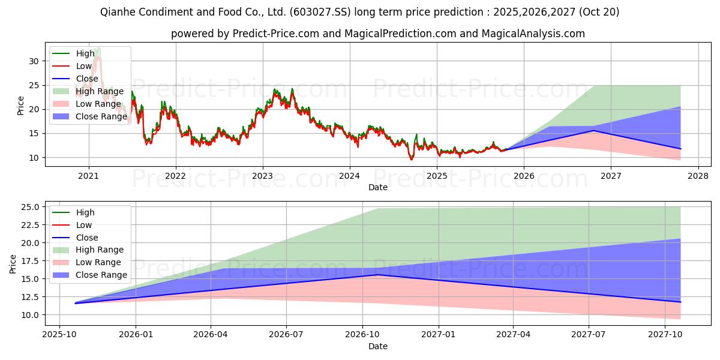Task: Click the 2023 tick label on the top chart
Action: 262,176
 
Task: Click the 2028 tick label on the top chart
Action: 698,176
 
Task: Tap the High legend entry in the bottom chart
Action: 85,212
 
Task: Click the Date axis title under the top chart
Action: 378,187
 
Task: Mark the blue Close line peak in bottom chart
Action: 377,275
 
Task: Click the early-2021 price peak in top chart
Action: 97,49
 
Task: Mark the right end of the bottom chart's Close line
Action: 680,302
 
